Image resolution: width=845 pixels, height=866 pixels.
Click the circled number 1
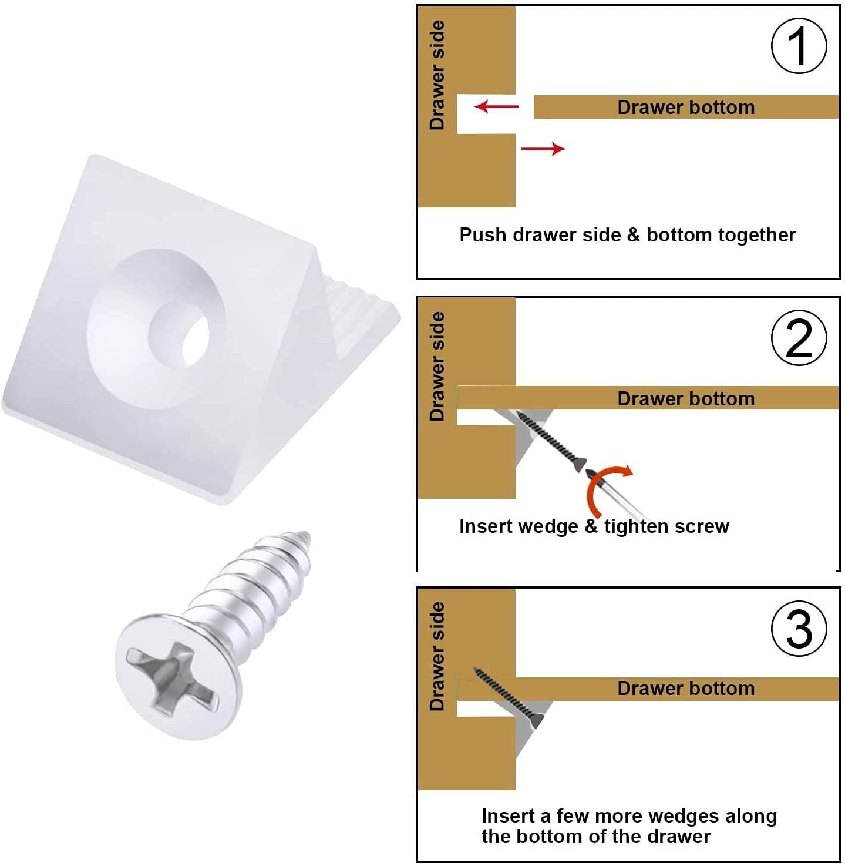[799, 46]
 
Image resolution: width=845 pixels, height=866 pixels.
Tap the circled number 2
[799, 338]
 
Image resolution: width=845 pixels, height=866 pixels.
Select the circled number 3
[799, 629]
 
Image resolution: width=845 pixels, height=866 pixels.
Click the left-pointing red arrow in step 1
[496, 106]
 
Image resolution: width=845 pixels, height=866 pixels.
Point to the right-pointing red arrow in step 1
[543, 149]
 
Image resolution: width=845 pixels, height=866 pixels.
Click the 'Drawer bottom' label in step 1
[686, 108]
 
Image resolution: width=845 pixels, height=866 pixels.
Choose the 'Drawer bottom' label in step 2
[686, 399]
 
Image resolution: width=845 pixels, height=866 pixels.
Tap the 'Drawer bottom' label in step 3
[686, 689]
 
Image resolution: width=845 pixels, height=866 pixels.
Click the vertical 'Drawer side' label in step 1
[437, 75]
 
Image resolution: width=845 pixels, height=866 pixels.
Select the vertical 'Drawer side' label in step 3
[437, 656]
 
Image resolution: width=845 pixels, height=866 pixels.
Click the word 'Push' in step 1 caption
[482, 235]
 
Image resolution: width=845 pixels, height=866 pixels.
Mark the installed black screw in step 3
[508, 695]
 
